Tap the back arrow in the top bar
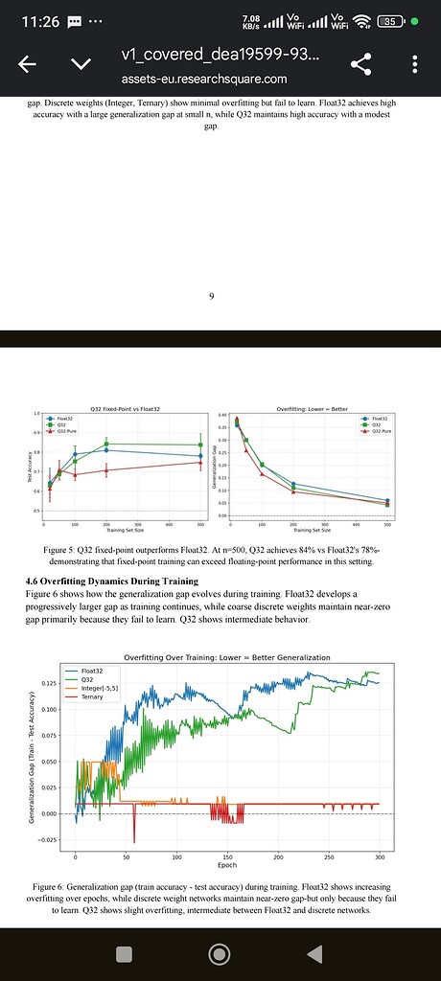[x=28, y=64]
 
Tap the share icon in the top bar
[x=361, y=64]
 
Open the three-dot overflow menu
[x=414, y=64]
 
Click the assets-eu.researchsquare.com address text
[x=203, y=79]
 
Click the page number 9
[x=212, y=295]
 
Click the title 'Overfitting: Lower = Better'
[x=304, y=409]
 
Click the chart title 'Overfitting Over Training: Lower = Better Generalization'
[x=227, y=657]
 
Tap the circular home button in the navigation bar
[x=220, y=953]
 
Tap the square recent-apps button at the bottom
[x=123, y=953]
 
